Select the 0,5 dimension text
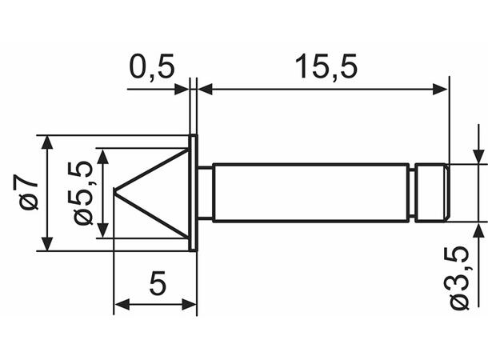(x=151, y=67)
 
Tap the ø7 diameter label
(x=30, y=193)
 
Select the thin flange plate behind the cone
(x=193, y=192)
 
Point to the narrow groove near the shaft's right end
(x=414, y=192)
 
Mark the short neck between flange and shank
(x=205, y=192)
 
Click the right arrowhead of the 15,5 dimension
(x=440, y=89)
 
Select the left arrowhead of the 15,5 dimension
(x=205, y=89)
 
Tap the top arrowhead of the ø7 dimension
(x=48, y=142)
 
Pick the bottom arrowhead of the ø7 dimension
(x=48, y=243)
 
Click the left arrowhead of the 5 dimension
(x=122, y=304)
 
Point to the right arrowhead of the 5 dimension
(x=190, y=304)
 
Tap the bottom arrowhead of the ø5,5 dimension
(x=102, y=231)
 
